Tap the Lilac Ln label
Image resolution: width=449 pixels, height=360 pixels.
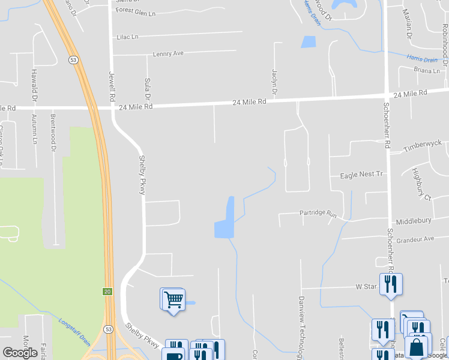(127, 37)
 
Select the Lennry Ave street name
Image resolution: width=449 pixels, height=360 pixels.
(168, 53)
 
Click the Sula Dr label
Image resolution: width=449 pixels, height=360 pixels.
(147, 88)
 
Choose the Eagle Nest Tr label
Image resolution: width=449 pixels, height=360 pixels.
(361, 175)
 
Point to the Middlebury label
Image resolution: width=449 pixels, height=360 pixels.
(413, 221)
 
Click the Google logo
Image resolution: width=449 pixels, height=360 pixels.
(20, 352)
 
